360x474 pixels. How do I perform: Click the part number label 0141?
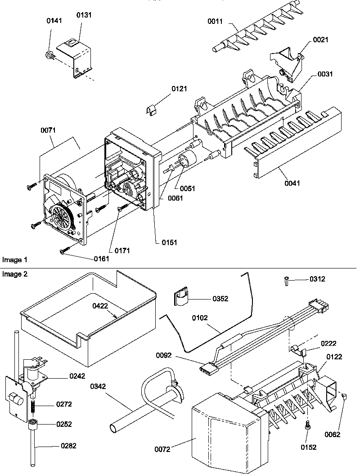pos(54,21)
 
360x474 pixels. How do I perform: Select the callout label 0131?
pos(84,15)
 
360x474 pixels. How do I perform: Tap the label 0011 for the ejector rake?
pos(216,21)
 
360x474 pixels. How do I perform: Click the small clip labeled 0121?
pos(152,109)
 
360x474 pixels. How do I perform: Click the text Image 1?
pos(14,260)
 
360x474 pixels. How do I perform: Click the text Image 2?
pos(14,274)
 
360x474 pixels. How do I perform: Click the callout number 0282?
pos(69,446)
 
